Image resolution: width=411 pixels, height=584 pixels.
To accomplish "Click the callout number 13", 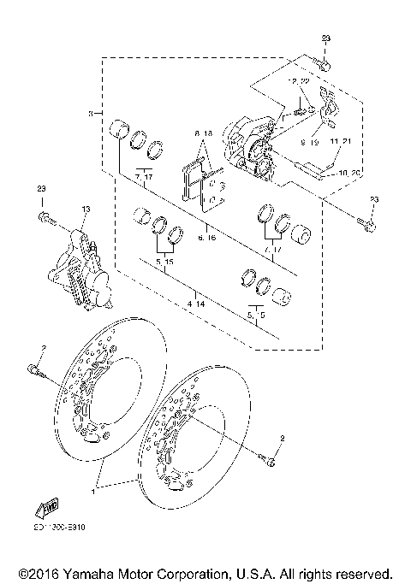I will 86,209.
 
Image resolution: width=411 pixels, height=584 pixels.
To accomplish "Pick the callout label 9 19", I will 309,144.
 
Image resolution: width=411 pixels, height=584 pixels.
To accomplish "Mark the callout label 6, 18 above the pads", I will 203,134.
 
